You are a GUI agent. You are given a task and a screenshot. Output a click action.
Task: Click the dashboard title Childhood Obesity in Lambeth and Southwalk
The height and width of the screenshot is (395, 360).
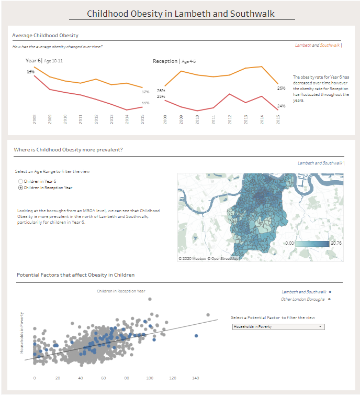tap(181, 14)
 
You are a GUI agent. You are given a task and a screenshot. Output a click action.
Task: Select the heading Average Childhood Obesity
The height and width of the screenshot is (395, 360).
tap(45, 36)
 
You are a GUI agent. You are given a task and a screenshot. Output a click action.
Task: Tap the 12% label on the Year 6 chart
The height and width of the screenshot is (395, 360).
tap(145, 92)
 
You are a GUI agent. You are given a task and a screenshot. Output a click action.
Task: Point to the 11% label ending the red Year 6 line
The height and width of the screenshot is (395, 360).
tap(145, 103)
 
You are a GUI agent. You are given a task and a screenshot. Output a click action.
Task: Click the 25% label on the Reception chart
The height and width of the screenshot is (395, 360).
tap(161, 96)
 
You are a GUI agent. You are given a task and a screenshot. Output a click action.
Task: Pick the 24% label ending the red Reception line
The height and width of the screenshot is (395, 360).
tap(281, 106)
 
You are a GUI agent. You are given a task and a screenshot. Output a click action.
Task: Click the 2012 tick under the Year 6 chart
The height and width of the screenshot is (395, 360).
tap(96, 119)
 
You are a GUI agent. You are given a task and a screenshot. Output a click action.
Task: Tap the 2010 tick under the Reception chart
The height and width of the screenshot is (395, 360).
tap(197, 119)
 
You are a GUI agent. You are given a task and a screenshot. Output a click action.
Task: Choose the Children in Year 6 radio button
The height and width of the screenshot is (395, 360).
tap(21, 181)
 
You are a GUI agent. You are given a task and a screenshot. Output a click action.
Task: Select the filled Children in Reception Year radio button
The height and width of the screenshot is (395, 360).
tap(21, 187)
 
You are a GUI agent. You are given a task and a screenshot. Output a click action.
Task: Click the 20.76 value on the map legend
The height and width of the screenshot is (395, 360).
tap(336, 244)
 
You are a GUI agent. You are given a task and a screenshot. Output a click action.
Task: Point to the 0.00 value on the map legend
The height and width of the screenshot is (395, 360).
tap(289, 244)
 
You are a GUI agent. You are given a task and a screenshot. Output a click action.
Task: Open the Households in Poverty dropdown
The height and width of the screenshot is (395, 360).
tap(278, 326)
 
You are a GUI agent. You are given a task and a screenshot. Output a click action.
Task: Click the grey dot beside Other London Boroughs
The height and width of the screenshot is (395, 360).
tap(330, 299)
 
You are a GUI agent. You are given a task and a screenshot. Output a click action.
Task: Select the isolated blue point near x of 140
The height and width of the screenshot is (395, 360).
tap(196, 335)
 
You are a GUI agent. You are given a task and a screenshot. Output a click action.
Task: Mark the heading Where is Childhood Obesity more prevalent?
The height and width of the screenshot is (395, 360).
tap(68, 150)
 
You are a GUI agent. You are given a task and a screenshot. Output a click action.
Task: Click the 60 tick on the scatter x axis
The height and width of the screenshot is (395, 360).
tap(104, 377)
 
